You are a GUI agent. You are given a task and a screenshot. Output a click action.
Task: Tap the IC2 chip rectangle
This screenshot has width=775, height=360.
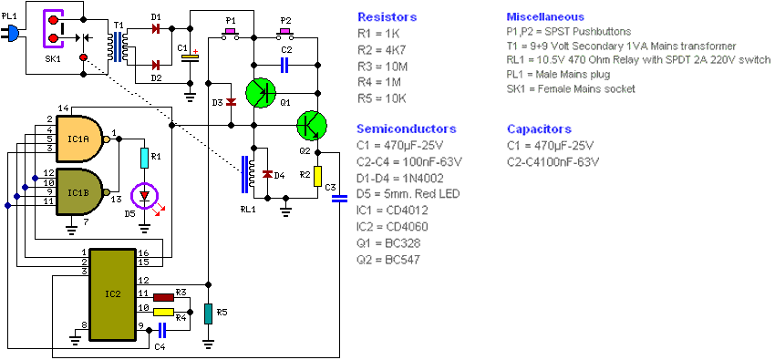tap(113, 294)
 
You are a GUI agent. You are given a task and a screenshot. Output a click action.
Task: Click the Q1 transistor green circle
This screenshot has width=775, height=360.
tap(261, 93)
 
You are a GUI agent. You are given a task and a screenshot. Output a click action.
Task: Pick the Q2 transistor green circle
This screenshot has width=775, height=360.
tap(312, 126)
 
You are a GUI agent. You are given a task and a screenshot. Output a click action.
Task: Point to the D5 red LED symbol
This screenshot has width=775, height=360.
tap(144, 196)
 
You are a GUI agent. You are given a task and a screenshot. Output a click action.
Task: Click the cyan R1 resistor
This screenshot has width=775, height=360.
tap(144, 158)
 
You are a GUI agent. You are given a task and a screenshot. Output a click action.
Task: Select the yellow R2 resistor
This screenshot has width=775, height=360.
tap(318, 176)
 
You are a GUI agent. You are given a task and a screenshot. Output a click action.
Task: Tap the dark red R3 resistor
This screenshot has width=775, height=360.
tap(163, 297)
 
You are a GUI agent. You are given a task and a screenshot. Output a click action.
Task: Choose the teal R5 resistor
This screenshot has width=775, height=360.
tap(208, 314)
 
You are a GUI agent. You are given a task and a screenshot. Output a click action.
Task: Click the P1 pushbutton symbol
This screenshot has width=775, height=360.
tap(231, 34)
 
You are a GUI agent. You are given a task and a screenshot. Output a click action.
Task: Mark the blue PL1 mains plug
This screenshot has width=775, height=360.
tap(11, 34)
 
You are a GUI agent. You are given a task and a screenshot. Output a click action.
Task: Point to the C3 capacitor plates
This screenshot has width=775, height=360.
tap(338, 200)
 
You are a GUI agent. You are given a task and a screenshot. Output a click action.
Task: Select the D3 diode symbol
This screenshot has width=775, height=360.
tap(231, 102)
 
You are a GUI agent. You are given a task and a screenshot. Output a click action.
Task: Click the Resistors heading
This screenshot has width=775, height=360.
tap(387, 17)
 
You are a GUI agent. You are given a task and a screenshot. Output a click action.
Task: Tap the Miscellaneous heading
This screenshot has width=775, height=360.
tap(545, 16)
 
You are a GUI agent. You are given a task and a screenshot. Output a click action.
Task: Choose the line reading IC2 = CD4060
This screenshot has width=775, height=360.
tap(392, 227)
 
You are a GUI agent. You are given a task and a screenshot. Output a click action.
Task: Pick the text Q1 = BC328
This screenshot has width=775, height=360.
tap(390, 243)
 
